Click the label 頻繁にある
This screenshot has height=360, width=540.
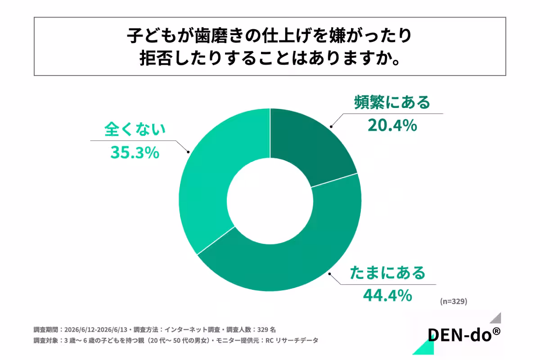392,102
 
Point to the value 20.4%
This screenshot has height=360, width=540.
392,126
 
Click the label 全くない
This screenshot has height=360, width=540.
135,129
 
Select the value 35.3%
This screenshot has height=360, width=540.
135,153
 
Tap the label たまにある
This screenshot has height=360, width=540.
387,273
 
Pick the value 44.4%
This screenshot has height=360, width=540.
387,296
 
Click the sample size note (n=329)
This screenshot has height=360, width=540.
454,301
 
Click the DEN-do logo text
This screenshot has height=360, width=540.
460,335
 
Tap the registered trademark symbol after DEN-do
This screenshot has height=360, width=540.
496,331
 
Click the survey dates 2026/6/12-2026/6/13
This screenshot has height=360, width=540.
96,329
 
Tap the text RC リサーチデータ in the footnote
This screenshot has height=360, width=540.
292,341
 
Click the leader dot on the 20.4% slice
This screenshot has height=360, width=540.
331,126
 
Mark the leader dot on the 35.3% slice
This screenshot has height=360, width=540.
188,152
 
